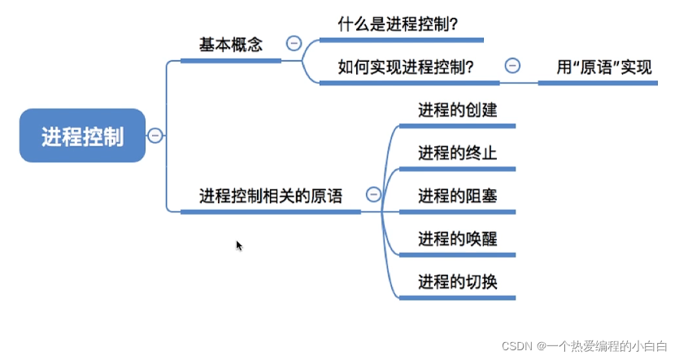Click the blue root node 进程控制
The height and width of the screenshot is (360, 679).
click(x=83, y=136)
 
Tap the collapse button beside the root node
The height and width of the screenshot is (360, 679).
click(x=155, y=136)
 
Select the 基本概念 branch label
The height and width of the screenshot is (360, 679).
click(x=231, y=45)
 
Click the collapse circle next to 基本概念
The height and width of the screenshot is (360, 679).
click(x=294, y=44)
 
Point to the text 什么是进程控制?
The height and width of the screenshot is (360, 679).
click(x=398, y=25)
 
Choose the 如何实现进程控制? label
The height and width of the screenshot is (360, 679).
click(x=406, y=67)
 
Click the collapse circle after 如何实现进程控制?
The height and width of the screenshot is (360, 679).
click(x=512, y=66)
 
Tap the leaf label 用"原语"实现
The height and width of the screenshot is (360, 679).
click(x=604, y=67)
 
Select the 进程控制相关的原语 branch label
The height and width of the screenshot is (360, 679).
click(x=271, y=196)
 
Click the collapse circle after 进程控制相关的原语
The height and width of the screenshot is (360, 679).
click(x=373, y=195)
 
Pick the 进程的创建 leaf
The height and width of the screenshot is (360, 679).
click(x=457, y=110)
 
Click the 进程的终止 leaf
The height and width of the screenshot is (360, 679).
click(x=457, y=153)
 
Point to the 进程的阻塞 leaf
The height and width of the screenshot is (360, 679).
click(x=457, y=196)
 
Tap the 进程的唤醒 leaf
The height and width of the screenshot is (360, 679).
click(x=457, y=239)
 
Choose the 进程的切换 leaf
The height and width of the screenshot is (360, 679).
click(x=457, y=282)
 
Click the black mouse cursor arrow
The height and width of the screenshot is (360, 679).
click(x=239, y=245)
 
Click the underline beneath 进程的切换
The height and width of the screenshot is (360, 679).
click(x=457, y=298)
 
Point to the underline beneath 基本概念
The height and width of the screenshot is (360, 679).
click(x=231, y=60)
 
